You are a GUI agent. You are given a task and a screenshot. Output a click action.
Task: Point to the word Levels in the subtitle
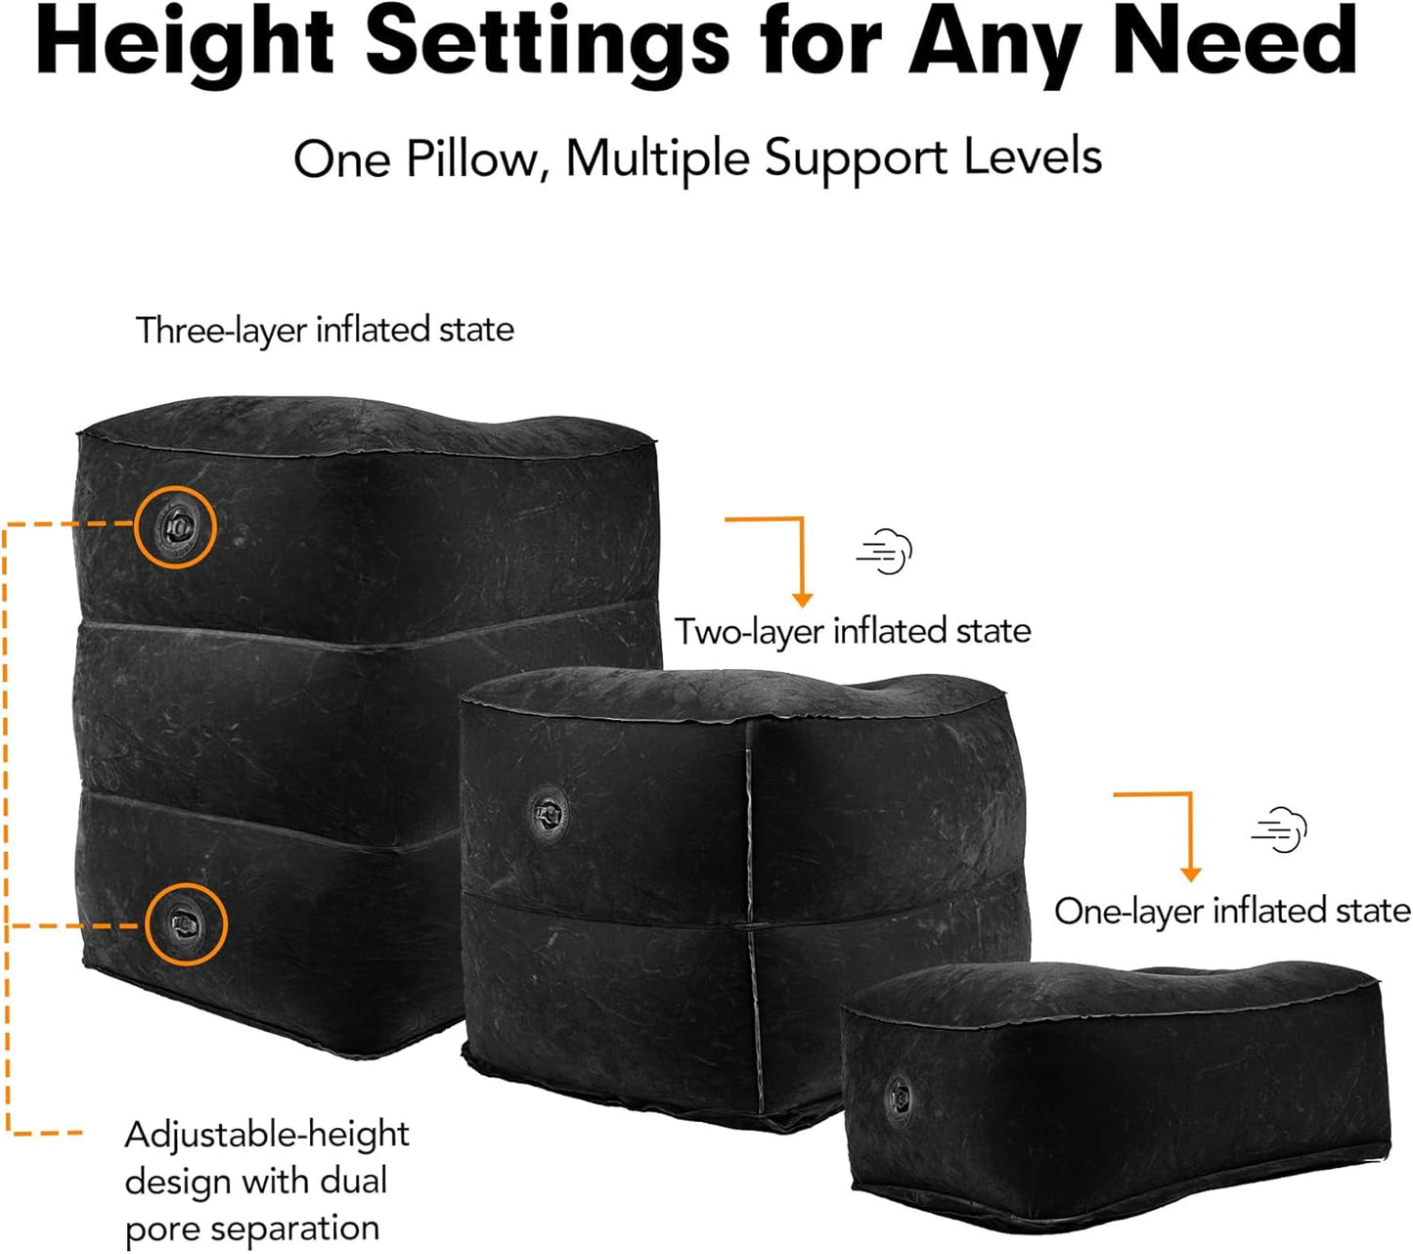1033,157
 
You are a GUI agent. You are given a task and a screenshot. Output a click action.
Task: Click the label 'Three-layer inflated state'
325,330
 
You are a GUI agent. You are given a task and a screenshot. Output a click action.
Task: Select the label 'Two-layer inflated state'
853,632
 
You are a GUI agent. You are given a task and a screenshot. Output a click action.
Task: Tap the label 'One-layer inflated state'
1232,912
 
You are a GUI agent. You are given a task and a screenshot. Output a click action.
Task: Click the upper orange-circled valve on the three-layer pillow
175,527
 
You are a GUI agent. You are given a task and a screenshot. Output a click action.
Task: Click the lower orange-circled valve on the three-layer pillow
186,924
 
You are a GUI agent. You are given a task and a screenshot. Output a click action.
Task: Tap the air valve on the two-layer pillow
548,812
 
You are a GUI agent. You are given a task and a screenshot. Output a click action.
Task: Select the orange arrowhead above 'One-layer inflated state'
1190,873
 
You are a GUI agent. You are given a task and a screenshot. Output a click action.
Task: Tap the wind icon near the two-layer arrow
884,552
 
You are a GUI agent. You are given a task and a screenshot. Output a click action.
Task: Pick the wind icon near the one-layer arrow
1279,829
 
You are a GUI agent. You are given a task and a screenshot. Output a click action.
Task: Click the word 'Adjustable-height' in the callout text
267,1136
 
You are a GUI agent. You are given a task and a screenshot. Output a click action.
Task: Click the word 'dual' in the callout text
354,1181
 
